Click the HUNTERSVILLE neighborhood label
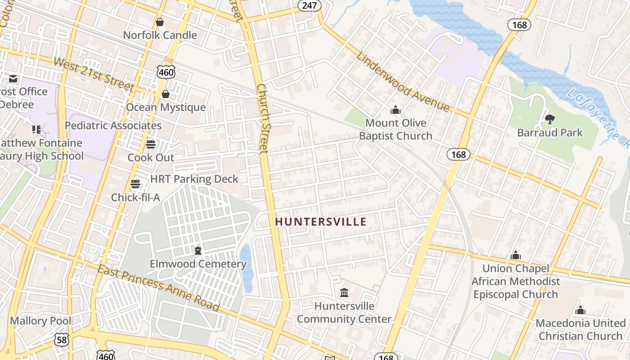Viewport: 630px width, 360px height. coord(320,221)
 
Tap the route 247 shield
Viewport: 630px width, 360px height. coord(309,5)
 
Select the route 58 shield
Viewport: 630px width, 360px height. coord(62,340)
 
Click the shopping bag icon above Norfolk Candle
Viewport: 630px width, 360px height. coord(160,22)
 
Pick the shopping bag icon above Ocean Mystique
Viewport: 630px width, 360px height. coord(166,94)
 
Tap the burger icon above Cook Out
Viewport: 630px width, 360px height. coord(150,144)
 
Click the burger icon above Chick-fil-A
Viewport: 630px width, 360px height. coord(135,184)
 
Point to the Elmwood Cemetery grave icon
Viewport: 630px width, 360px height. coord(198,251)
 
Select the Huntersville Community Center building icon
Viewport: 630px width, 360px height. coord(344,293)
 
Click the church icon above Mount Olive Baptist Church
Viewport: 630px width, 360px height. coord(396,110)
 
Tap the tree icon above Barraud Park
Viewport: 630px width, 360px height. coord(549,119)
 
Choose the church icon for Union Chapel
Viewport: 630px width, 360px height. coord(516,256)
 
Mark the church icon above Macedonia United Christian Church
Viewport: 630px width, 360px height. coord(580,310)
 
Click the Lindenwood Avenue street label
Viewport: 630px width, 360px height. coord(403,82)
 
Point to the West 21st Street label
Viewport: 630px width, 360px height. coord(94,74)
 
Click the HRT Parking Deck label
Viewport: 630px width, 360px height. coord(194,179)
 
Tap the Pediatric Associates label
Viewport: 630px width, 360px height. coord(113,126)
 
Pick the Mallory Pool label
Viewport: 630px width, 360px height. coord(40,321)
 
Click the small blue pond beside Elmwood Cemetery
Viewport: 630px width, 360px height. coord(246,268)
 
